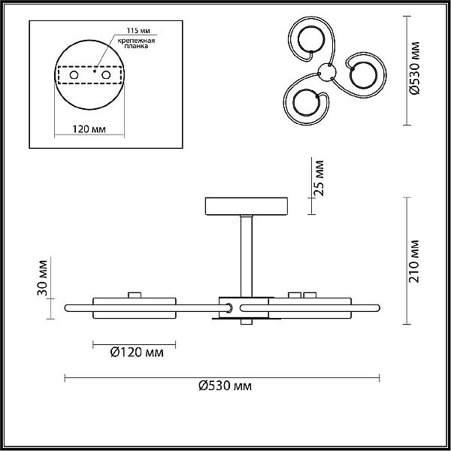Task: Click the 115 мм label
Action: coord(138,31)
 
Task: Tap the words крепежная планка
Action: coord(136,43)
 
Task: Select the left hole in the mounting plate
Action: coord(74,75)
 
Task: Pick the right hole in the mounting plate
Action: coord(106,75)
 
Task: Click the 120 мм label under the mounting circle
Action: coord(89,129)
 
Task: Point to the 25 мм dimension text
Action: coord(319,178)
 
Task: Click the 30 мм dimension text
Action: coord(42,278)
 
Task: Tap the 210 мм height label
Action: coord(414,261)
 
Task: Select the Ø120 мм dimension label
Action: coord(137,352)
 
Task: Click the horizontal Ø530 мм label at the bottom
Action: coord(225,386)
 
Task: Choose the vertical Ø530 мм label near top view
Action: coord(414,68)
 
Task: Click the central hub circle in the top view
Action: coord(327,72)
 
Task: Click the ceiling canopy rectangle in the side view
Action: coord(247,206)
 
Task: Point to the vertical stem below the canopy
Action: coord(247,256)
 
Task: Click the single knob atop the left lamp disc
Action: coord(135,295)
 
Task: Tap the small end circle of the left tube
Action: coord(229,307)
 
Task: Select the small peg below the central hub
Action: coord(247,322)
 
